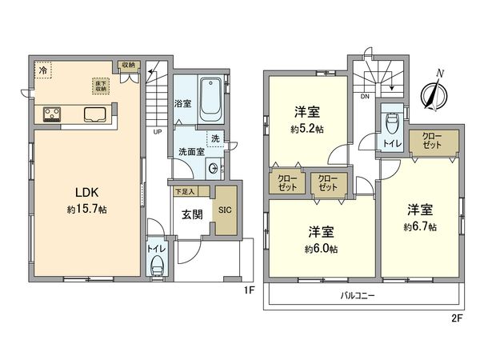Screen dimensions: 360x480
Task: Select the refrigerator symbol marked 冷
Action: pyautogui.click(x=42, y=70)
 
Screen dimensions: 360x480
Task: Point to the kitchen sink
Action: pyautogui.click(x=94, y=114)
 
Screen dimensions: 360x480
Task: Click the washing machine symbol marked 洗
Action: pyautogui.click(x=214, y=138)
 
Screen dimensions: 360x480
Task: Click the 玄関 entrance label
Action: pyautogui.click(x=190, y=214)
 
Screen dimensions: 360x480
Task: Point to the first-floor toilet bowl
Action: pyautogui.click(x=158, y=265)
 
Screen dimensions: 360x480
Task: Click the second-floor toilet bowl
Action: pyautogui.click(x=392, y=125)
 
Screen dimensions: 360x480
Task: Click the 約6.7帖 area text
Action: pyautogui.click(x=421, y=227)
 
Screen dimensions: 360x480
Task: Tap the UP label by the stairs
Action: pyautogui.click(x=158, y=132)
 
